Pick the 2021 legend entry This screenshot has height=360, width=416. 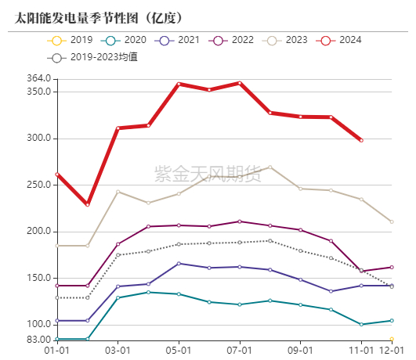pos(179,39)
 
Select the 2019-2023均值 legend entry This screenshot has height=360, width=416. pos(94,57)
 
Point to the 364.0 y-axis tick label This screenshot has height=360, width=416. pos(38,78)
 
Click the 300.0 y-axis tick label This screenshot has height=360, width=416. pos(38,139)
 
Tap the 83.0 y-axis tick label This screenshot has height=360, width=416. pos(40,340)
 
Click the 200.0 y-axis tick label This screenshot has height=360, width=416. pos(38,232)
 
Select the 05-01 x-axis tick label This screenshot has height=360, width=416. pos(179,351)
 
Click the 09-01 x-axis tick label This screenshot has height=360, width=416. pos(301,351)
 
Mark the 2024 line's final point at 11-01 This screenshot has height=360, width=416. pos(361,140)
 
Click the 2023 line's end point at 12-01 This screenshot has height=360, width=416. pos(392,221)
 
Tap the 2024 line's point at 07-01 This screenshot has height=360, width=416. pos(240,83)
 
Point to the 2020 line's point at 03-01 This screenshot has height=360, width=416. pos(118,297)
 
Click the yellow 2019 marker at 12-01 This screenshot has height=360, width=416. pos(392,340)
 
